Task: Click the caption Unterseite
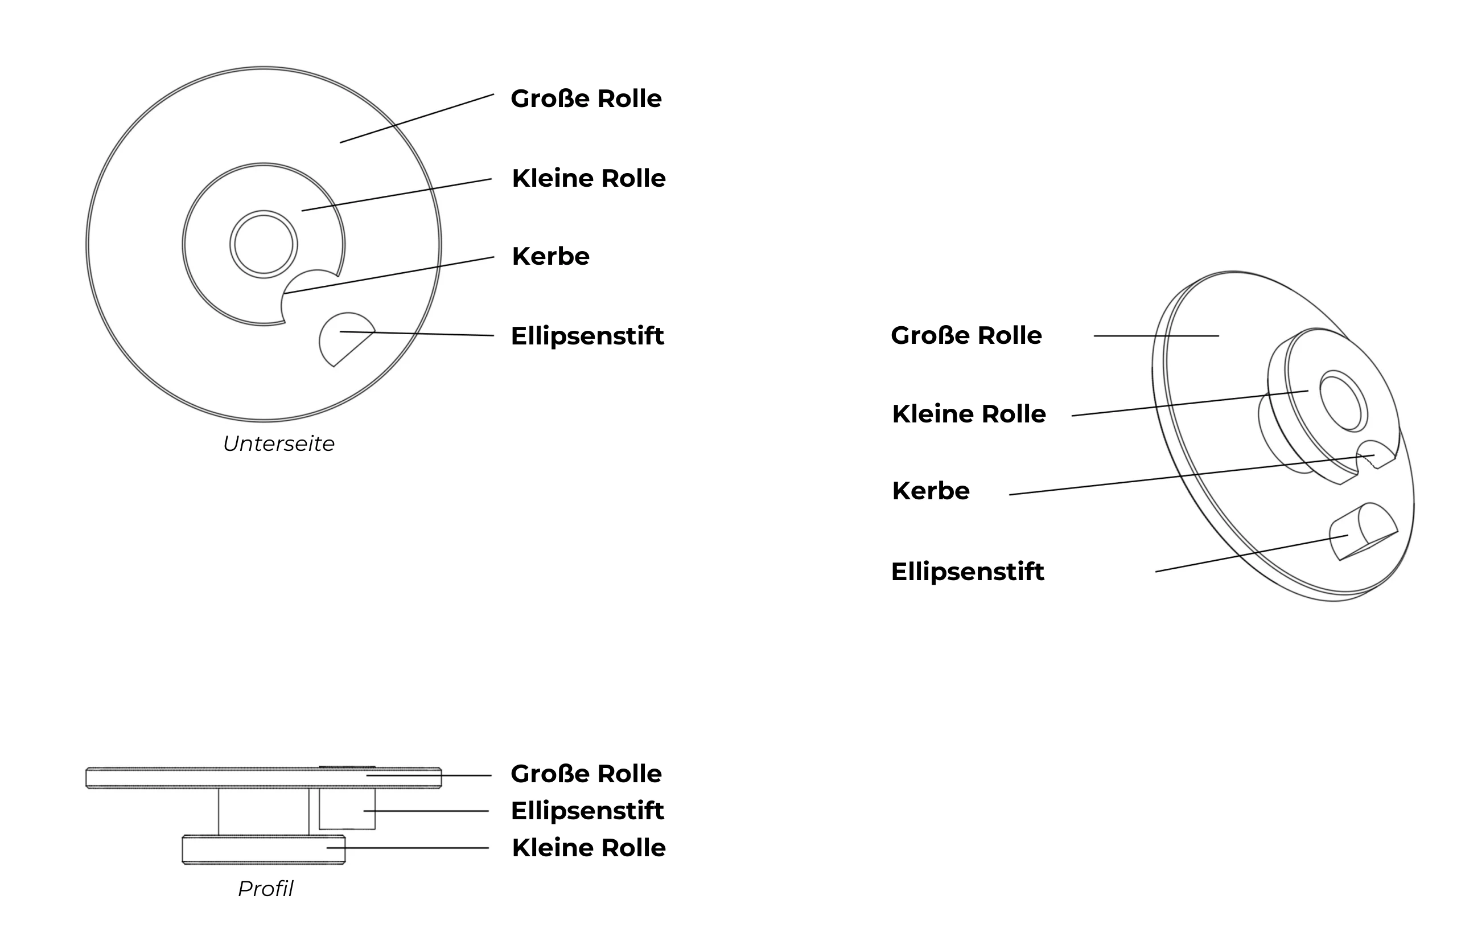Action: (278, 444)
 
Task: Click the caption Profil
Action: (265, 889)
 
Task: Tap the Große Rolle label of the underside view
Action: (586, 98)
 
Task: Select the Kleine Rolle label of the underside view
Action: (588, 178)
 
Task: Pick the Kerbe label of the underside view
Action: (550, 256)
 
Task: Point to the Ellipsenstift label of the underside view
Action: (587, 336)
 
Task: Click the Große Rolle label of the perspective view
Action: (966, 335)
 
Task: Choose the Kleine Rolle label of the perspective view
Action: (969, 414)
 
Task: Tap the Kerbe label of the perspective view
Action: (931, 491)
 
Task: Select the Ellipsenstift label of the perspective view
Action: (968, 572)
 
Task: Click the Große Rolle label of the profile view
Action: (586, 774)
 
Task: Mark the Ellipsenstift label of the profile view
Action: (587, 811)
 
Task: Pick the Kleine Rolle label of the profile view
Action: (588, 848)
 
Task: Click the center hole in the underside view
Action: (264, 245)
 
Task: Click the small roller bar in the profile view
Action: (264, 850)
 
